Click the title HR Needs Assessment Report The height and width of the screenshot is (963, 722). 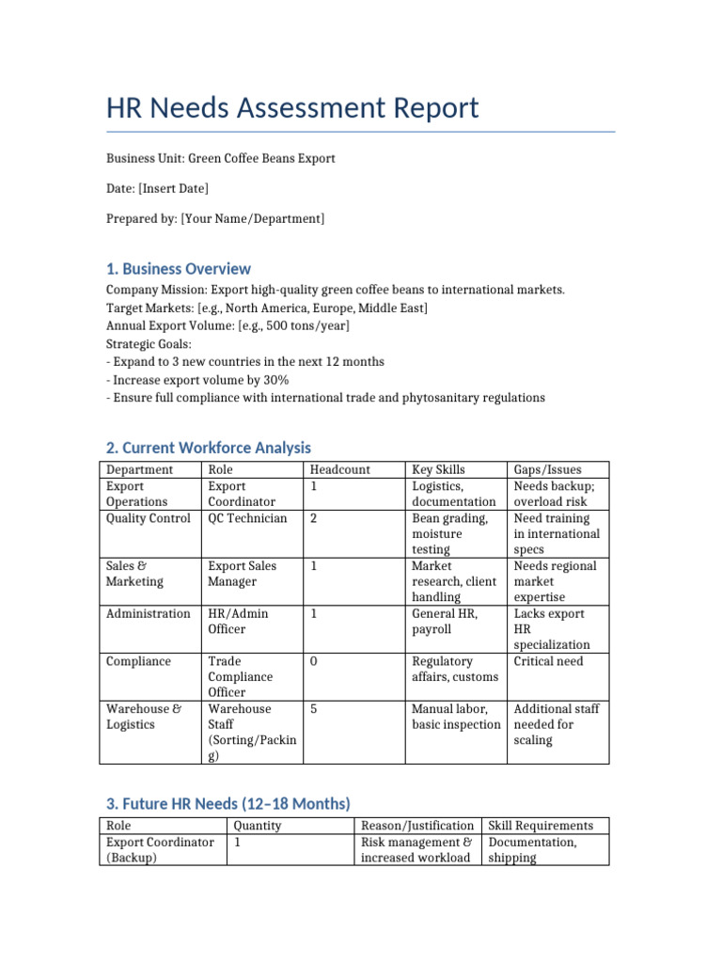(x=292, y=108)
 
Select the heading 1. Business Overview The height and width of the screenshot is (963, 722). (x=179, y=269)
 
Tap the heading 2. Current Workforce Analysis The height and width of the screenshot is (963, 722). (x=208, y=448)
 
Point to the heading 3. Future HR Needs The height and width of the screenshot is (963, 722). (x=228, y=803)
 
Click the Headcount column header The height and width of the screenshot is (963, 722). (x=339, y=469)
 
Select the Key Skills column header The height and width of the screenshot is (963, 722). (x=438, y=469)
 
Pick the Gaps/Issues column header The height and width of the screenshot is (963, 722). (x=547, y=469)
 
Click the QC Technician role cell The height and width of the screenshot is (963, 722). (x=247, y=518)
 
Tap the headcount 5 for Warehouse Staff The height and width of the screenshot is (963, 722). (x=313, y=709)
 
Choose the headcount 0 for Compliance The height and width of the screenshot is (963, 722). (x=313, y=661)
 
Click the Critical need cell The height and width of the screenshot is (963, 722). (x=548, y=661)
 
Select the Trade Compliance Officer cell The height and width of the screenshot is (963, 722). (x=241, y=677)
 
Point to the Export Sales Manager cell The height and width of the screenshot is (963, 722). (x=242, y=574)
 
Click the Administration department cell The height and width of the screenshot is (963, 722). (x=148, y=613)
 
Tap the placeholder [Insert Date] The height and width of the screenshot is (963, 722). (x=173, y=189)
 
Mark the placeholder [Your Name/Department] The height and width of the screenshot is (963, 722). (x=252, y=219)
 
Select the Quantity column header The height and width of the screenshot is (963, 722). (x=257, y=826)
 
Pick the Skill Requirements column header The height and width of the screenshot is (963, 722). (x=541, y=826)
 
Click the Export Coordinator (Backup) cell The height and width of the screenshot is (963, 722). (x=160, y=850)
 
